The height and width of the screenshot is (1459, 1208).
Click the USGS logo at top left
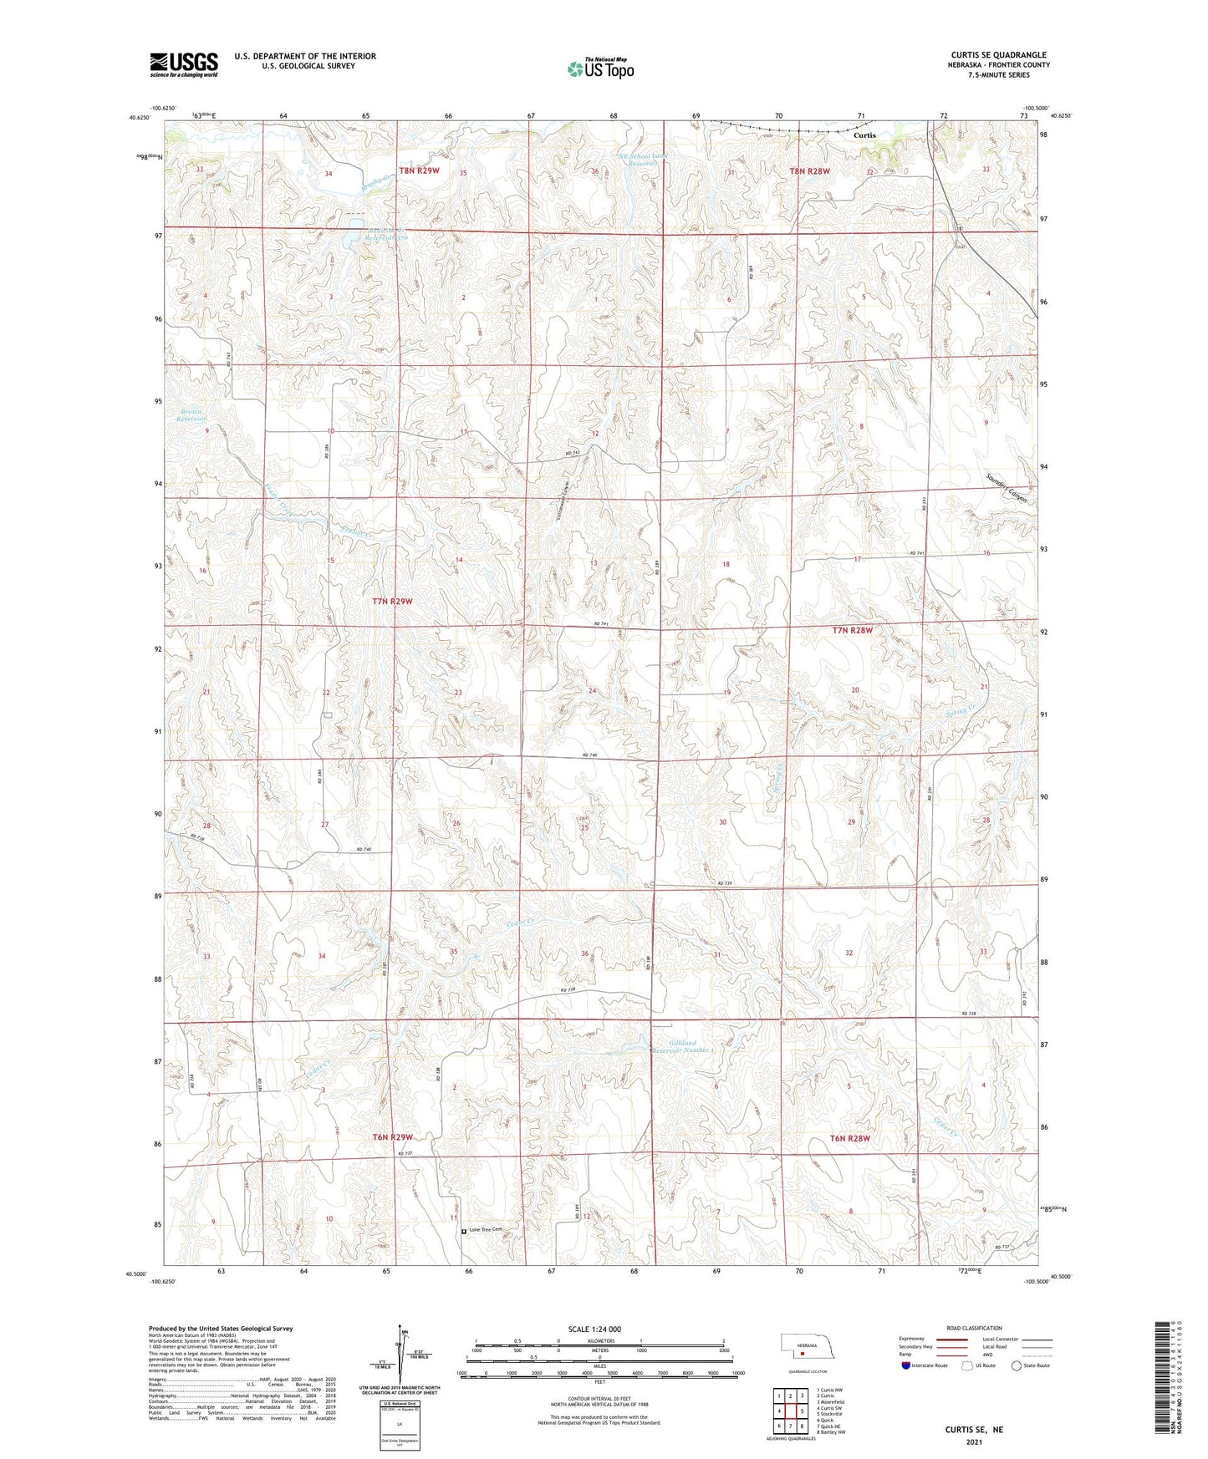tap(184, 64)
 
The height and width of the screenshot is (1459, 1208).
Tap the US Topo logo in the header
tap(600, 69)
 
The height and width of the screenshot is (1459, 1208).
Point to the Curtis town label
tap(865, 135)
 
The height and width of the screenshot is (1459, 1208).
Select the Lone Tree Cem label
tap(489, 1229)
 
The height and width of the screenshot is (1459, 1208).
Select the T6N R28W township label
tap(850, 1138)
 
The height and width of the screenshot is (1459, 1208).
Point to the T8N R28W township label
tap(809, 171)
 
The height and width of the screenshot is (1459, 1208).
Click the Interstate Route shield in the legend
tap(906, 1365)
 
